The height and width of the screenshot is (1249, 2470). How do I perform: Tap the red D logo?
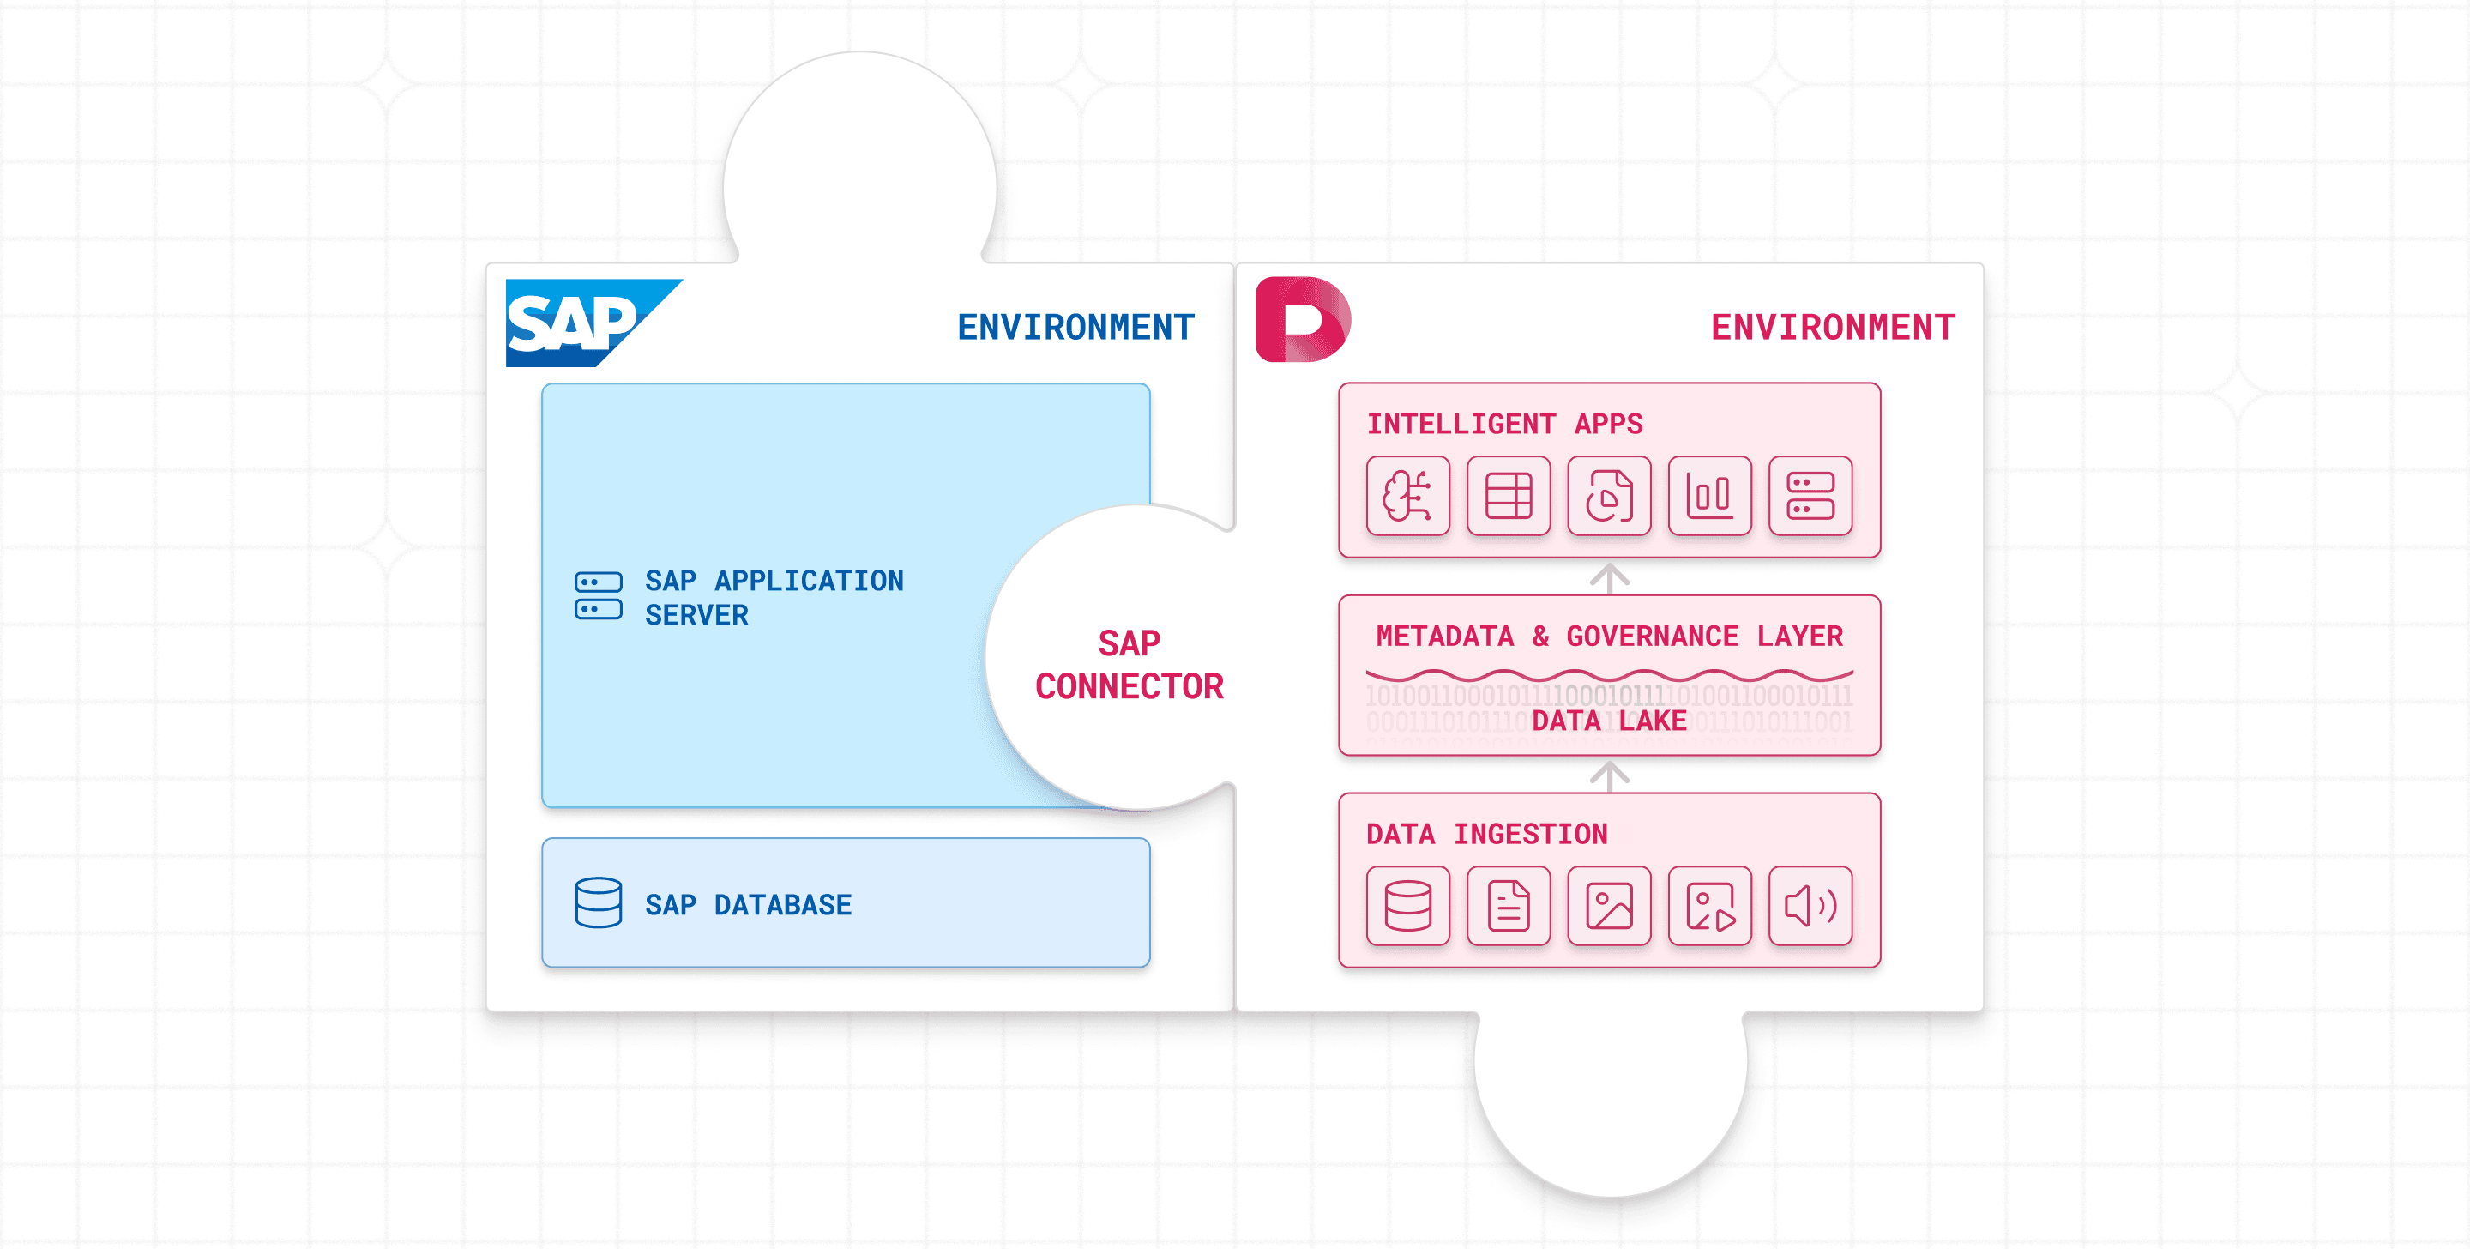pos(1302,319)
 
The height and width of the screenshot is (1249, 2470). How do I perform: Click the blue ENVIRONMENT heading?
pos(1075,327)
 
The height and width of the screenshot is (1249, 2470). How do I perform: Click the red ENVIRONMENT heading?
pos(1833,327)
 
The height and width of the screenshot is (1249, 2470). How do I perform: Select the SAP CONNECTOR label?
pos(1129,664)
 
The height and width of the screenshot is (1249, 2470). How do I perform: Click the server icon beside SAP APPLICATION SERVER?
pos(599,595)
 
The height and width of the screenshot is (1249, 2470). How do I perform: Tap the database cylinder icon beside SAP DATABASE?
pos(599,902)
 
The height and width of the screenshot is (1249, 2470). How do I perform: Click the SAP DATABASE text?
pos(748,905)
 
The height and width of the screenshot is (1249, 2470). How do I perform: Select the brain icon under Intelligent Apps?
pos(1407,496)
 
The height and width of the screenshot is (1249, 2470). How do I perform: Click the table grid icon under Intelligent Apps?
pos(1509,496)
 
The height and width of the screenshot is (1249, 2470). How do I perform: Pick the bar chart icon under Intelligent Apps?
pos(1709,496)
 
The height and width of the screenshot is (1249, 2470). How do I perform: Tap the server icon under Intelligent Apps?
pos(1810,496)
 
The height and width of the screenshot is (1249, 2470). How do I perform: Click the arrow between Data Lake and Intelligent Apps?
pos(1610,577)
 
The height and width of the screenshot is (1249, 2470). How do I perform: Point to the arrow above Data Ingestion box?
pos(1610,775)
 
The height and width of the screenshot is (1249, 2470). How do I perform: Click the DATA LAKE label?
pos(1609,721)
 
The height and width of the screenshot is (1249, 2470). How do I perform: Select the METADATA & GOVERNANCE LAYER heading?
pos(1609,636)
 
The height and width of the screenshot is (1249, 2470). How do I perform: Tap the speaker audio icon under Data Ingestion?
pos(1810,906)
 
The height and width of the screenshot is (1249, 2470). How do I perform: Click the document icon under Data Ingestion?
pos(1509,906)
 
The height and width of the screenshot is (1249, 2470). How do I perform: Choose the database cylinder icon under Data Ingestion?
pos(1407,906)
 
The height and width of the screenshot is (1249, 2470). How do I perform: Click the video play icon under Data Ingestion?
pos(1709,906)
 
